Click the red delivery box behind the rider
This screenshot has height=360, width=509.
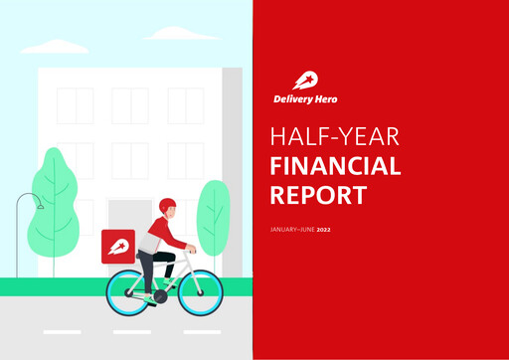pyautogui.click(x=118, y=246)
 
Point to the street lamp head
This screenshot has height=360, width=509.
pyautogui.click(x=38, y=206)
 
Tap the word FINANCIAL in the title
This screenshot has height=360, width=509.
pyautogui.click(x=335, y=165)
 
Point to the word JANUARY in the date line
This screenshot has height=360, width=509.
pyautogui.click(x=286, y=230)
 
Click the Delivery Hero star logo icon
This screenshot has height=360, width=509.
pyautogui.click(x=305, y=81)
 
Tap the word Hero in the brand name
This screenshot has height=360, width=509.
pyautogui.click(x=334, y=99)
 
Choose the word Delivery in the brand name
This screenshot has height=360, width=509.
pyautogui.click(x=296, y=99)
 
